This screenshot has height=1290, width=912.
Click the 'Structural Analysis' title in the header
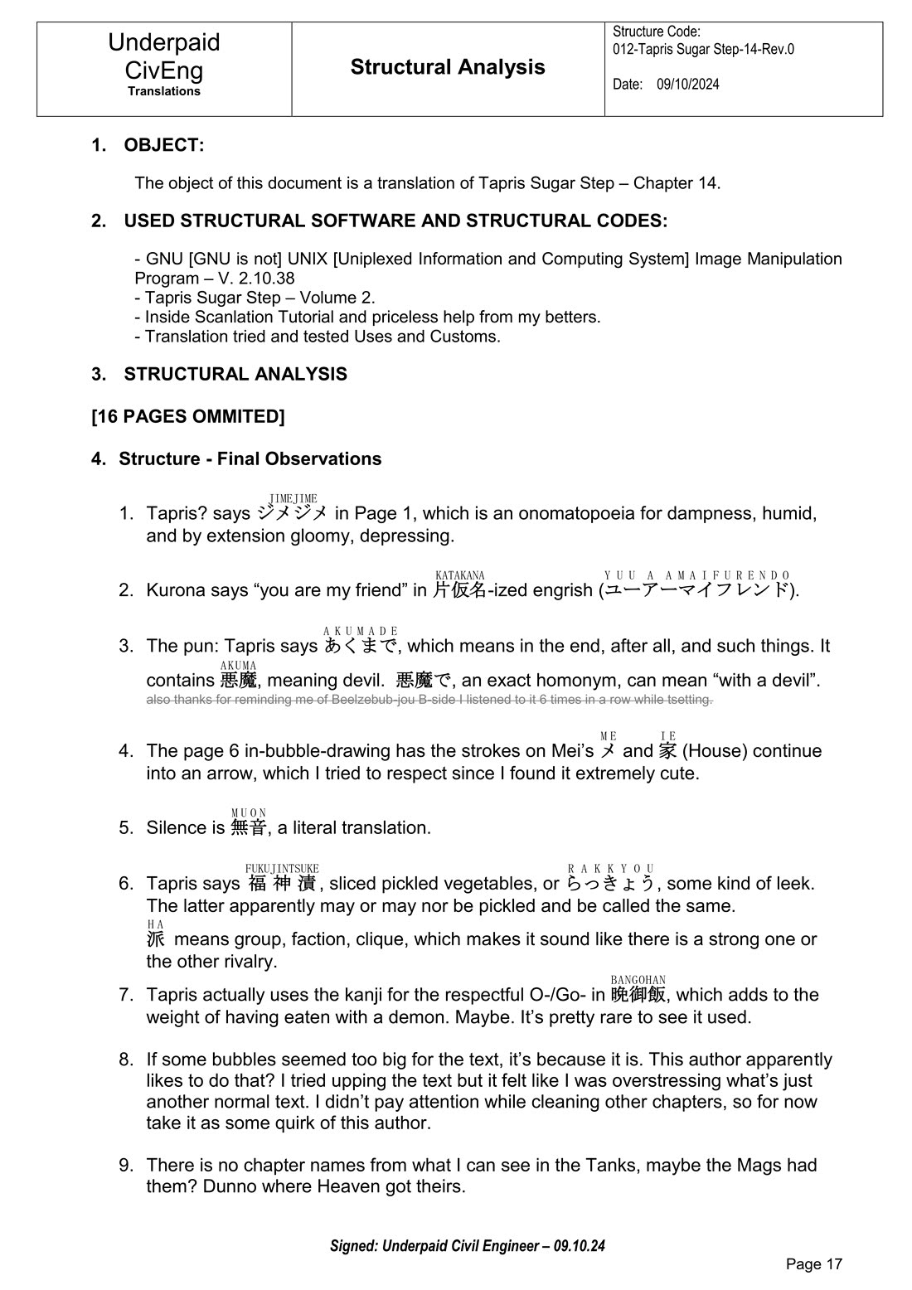tap(448, 67)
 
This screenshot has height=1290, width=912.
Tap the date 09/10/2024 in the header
tap(687, 85)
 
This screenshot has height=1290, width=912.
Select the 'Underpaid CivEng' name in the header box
tap(164, 56)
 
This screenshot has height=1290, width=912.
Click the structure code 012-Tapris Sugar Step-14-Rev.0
tap(703, 49)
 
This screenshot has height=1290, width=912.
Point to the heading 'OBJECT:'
tap(163, 145)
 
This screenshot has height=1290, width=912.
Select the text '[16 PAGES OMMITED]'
tap(188, 416)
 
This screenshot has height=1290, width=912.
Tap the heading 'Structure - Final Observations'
tap(250, 459)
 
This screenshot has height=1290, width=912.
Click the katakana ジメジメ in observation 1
tap(292, 513)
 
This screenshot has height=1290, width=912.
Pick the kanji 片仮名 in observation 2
tap(459, 590)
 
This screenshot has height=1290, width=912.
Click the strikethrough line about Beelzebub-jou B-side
tap(429, 700)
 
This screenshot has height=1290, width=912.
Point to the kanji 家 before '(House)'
tap(667, 751)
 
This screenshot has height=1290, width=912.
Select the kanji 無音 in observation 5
tap(249, 827)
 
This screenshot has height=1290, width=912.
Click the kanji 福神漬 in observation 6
tap(282, 884)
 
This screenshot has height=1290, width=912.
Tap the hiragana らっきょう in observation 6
tap(610, 884)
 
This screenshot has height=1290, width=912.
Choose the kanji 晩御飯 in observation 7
tap(638, 995)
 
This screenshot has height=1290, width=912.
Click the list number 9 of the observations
tap(125, 1166)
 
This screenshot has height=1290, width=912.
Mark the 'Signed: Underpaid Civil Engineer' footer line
tap(468, 1246)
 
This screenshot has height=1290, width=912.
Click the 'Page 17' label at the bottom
tap(813, 1264)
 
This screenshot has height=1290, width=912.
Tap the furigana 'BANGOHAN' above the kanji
tap(638, 981)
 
